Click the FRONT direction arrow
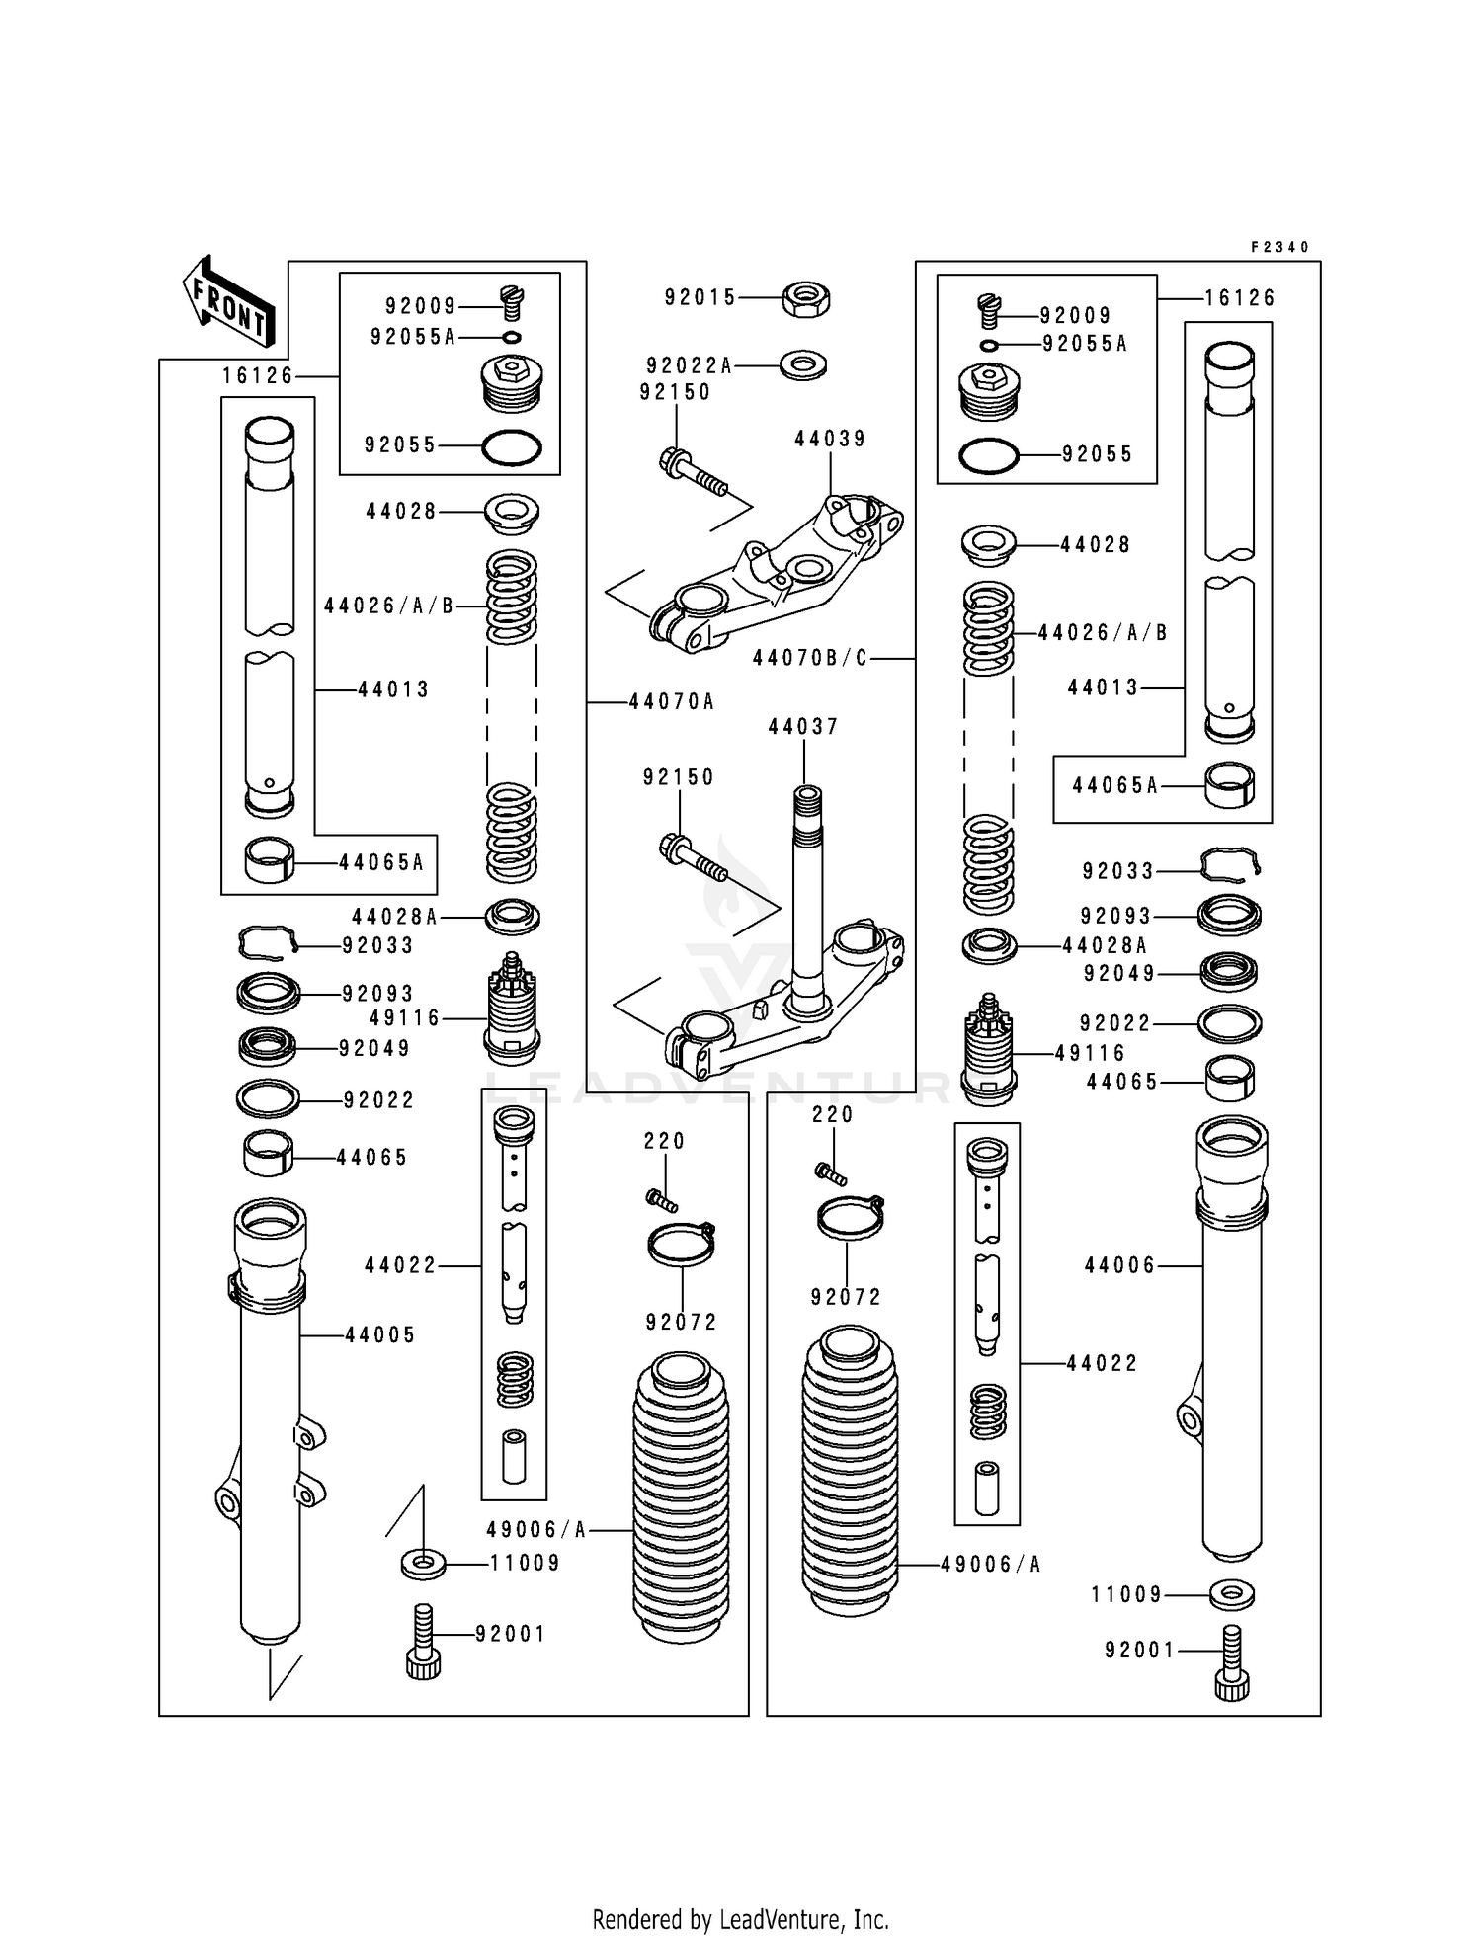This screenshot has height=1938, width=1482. (x=228, y=303)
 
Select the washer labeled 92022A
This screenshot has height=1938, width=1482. (x=803, y=365)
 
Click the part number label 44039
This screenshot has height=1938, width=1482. (x=830, y=439)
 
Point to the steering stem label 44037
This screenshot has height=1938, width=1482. (x=803, y=727)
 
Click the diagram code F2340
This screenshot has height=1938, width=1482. (x=1279, y=247)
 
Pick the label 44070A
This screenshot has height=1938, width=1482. (x=671, y=702)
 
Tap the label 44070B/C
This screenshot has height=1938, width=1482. (x=810, y=658)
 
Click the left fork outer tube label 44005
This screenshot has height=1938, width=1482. (x=380, y=1335)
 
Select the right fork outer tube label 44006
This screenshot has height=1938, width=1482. (x=1119, y=1265)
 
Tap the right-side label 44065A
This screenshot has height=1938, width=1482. (x=1114, y=785)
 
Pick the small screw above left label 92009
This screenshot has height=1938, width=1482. (x=513, y=301)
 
